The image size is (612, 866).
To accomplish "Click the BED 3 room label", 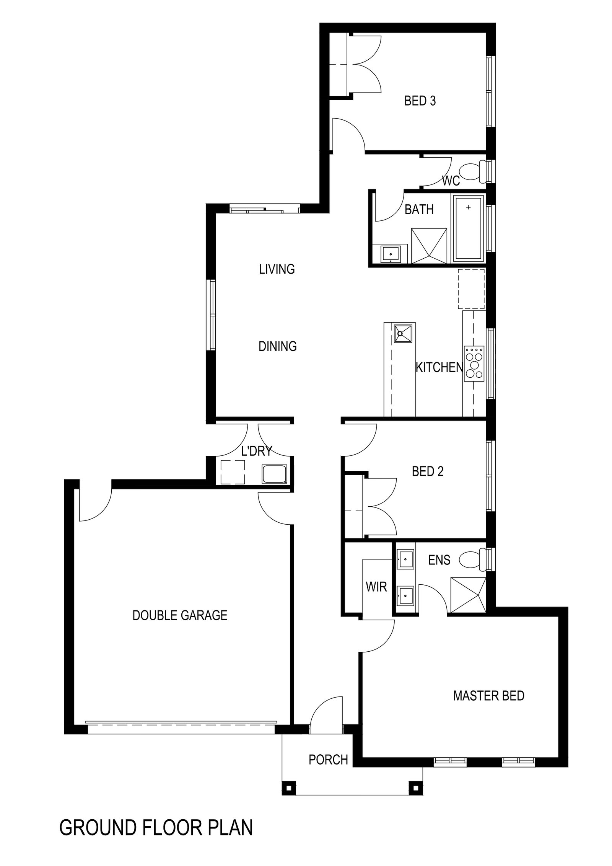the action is pyautogui.click(x=420, y=101).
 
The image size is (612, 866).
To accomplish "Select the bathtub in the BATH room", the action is pyautogui.click(x=469, y=229).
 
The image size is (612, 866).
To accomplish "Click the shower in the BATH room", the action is pyautogui.click(x=429, y=246).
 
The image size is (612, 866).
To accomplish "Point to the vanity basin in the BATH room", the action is pyautogui.click(x=391, y=254).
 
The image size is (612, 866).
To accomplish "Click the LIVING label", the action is pyautogui.click(x=277, y=269).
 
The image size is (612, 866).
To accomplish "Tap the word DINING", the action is pyautogui.click(x=277, y=346).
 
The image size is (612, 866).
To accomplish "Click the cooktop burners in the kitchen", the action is pyautogui.click(x=474, y=364).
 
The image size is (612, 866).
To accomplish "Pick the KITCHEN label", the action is pyautogui.click(x=439, y=368).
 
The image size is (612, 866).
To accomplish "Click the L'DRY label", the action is pyautogui.click(x=256, y=452).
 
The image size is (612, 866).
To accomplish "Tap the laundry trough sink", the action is pyautogui.click(x=274, y=474).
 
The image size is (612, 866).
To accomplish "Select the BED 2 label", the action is pyautogui.click(x=428, y=471).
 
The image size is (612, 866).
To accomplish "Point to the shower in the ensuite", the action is pyautogui.click(x=468, y=596).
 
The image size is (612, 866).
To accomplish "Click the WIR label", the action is pyautogui.click(x=376, y=587).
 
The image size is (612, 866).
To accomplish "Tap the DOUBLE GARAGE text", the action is pyautogui.click(x=180, y=615).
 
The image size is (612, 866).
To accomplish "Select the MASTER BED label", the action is pyautogui.click(x=488, y=696).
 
